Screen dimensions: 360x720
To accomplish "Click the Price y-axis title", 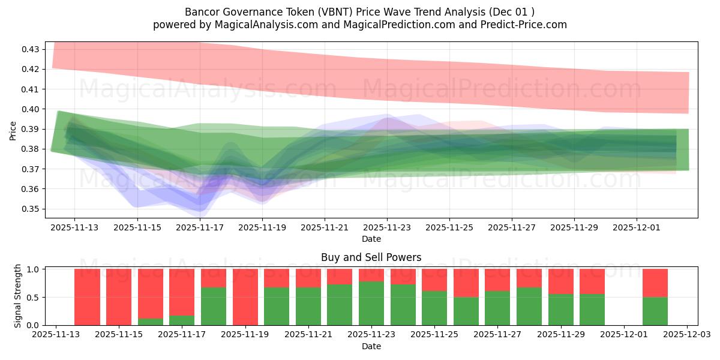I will pyautogui.click(x=13, y=130).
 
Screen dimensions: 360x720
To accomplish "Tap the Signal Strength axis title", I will pyautogui.click(x=18, y=296).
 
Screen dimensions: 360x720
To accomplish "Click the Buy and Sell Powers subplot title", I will pyautogui.click(x=371, y=257).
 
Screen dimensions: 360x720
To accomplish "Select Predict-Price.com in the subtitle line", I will pyautogui.click(x=524, y=25).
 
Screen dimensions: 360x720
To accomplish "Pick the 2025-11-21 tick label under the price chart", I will pyautogui.click(x=325, y=228).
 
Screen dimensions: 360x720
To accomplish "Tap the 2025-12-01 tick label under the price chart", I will pyautogui.click(x=637, y=228).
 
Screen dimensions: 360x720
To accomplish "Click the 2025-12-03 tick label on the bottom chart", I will pyautogui.click(x=686, y=335).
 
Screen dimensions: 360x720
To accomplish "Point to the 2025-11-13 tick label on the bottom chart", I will pyautogui.click(x=56, y=335).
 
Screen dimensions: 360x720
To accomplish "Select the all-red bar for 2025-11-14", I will pyautogui.click(x=87, y=297).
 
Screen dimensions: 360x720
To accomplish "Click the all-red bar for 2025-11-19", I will pyautogui.click(x=245, y=297).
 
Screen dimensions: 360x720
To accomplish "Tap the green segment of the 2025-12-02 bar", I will pyautogui.click(x=655, y=311).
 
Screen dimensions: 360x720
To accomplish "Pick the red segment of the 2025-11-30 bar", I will pyautogui.click(x=592, y=281).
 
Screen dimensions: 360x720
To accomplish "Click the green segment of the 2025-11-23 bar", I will pyautogui.click(x=371, y=303).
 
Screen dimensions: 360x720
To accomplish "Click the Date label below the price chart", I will pyautogui.click(x=371, y=239).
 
